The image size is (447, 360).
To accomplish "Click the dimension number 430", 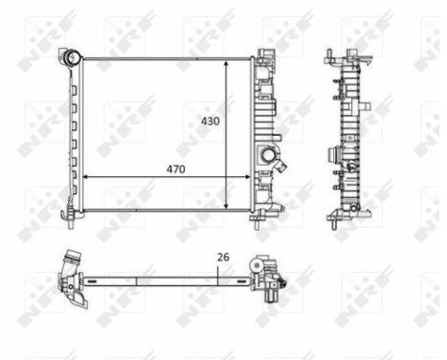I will [x=210, y=121].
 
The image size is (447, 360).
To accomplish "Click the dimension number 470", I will [x=173, y=169].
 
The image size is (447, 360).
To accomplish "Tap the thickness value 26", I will [x=223, y=257].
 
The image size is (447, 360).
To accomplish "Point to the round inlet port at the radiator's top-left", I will [x=70, y=57].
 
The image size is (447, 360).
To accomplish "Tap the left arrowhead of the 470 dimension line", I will [x=87, y=177].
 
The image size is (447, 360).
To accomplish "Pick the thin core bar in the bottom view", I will [x=163, y=280].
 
